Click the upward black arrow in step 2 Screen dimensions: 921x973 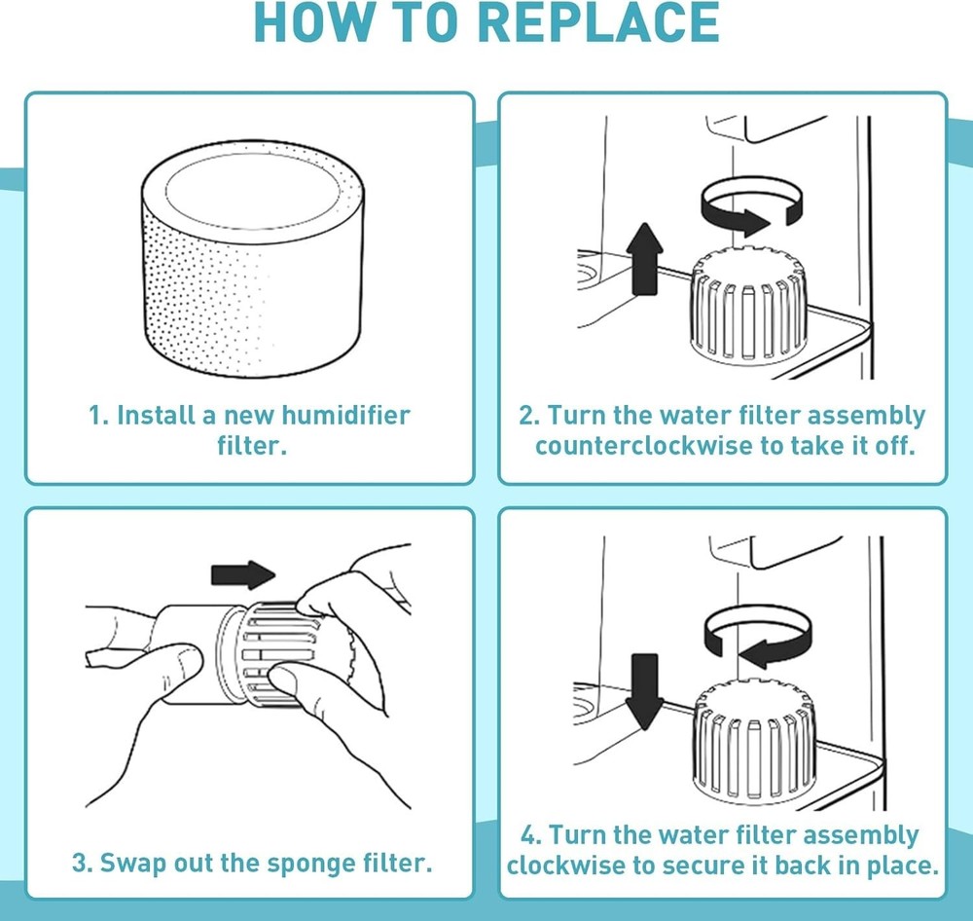(x=647, y=258)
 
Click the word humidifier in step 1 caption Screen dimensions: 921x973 (x=337, y=416)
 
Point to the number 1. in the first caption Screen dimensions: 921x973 (x=98, y=416)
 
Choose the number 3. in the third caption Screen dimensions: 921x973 (x=83, y=864)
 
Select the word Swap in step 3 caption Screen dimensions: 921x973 (x=130, y=864)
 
